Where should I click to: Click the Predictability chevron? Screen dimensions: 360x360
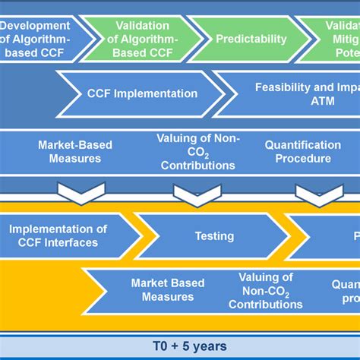pyautogui.click(x=251, y=39)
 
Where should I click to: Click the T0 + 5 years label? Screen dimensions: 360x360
pyautogui.click(x=179, y=346)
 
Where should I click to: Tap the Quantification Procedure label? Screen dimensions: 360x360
pyautogui.click(x=302, y=151)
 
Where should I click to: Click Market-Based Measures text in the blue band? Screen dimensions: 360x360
pyautogui.click(x=70, y=151)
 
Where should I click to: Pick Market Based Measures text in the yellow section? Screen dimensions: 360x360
pyautogui.click(x=168, y=289)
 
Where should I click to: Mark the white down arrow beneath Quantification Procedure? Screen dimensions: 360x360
pyautogui.click(x=318, y=194)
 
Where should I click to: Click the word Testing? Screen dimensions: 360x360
pyautogui.click(x=214, y=236)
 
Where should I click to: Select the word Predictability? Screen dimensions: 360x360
pyautogui.click(x=251, y=39)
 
